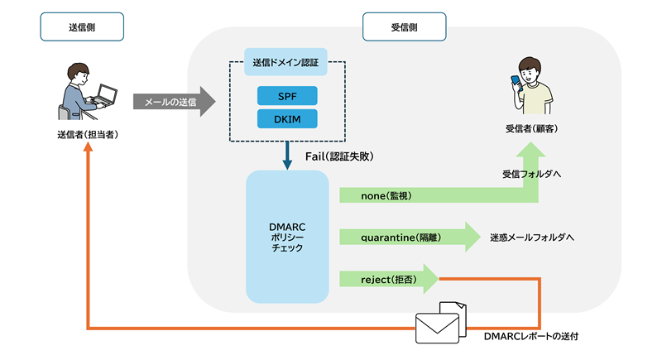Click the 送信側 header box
[81, 27]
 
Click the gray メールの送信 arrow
[172, 102]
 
